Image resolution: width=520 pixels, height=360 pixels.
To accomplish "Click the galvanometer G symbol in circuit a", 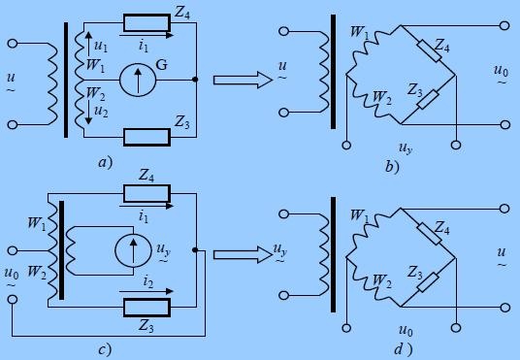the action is point(138,80).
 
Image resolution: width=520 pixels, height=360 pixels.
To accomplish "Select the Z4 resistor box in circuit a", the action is point(146,23).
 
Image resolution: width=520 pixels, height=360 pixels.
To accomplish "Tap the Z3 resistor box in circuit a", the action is point(146,137).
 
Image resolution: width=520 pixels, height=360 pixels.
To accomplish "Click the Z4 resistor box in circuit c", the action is point(146,194).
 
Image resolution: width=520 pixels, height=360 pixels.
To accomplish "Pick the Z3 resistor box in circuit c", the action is point(146,308).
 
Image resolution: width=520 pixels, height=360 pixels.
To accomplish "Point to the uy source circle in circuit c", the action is point(133,251).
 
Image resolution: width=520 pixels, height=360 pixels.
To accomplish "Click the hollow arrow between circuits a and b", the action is point(243,80).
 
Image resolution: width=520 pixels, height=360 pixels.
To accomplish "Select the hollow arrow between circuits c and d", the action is point(243,255).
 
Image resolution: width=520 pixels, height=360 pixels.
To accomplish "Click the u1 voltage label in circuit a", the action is point(101,47).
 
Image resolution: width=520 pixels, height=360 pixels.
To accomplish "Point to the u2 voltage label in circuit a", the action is point(101,112).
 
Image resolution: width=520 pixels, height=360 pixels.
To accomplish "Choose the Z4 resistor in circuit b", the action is point(430,50).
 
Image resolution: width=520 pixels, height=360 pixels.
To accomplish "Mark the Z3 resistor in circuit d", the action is point(428,282).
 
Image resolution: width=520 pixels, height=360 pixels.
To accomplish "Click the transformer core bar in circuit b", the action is point(333,72).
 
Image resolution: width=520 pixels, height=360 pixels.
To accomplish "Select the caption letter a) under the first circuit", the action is point(106,163).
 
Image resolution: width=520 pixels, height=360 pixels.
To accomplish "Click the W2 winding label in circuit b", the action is point(382,98).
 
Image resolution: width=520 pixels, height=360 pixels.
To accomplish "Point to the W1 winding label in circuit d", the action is point(360,215).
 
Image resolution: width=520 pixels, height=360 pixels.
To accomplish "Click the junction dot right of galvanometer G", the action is point(195,80).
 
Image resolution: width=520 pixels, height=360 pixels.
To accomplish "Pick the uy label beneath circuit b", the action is point(406,147).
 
